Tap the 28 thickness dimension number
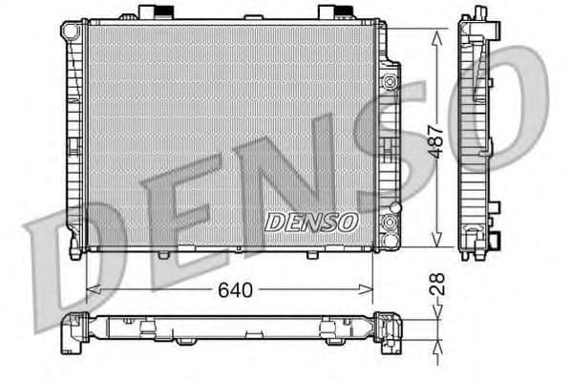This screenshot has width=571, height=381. [x=438, y=285]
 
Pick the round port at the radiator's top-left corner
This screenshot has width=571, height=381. [x=70, y=31]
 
